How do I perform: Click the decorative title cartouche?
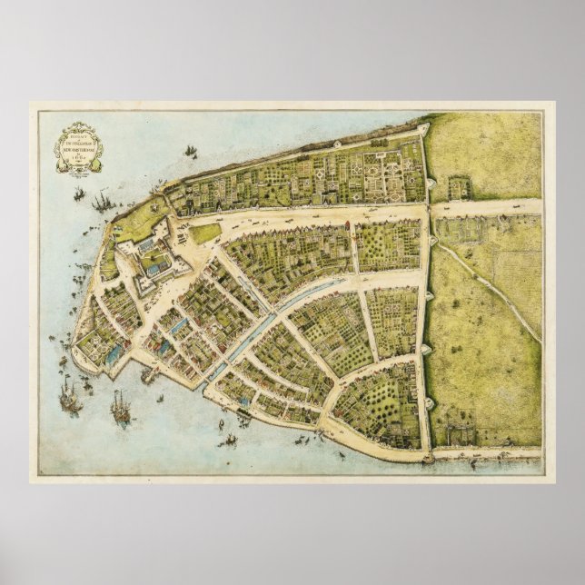[x=78, y=146]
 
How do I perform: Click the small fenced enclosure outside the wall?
[x=460, y=187]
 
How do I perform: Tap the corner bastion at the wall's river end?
[x=424, y=131]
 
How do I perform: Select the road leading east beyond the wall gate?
[x=486, y=208]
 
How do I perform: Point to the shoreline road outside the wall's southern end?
[x=486, y=451]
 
